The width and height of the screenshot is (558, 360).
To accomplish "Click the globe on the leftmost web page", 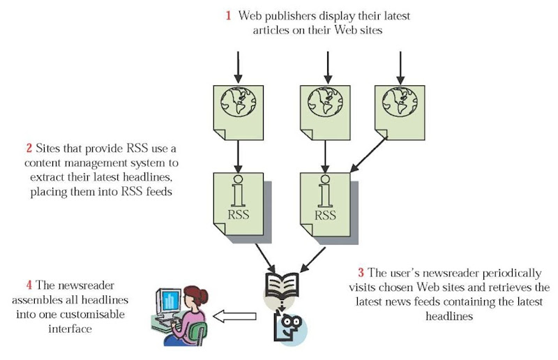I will point(238,101).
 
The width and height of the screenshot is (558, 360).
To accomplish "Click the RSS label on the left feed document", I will point(238,214).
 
